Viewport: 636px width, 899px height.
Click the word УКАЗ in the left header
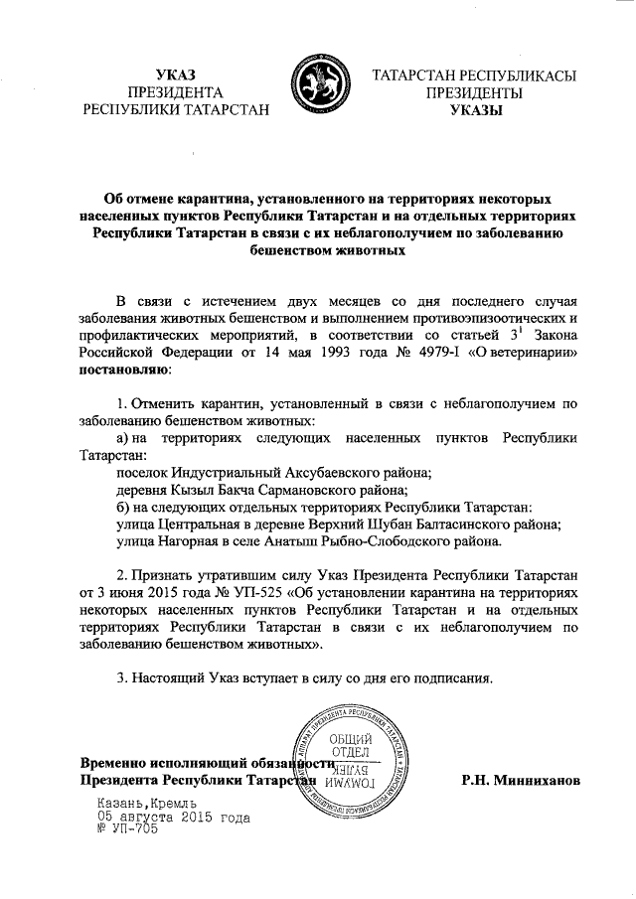pos(177,74)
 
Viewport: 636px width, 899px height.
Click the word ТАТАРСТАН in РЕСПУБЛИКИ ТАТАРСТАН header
pos(227,110)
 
